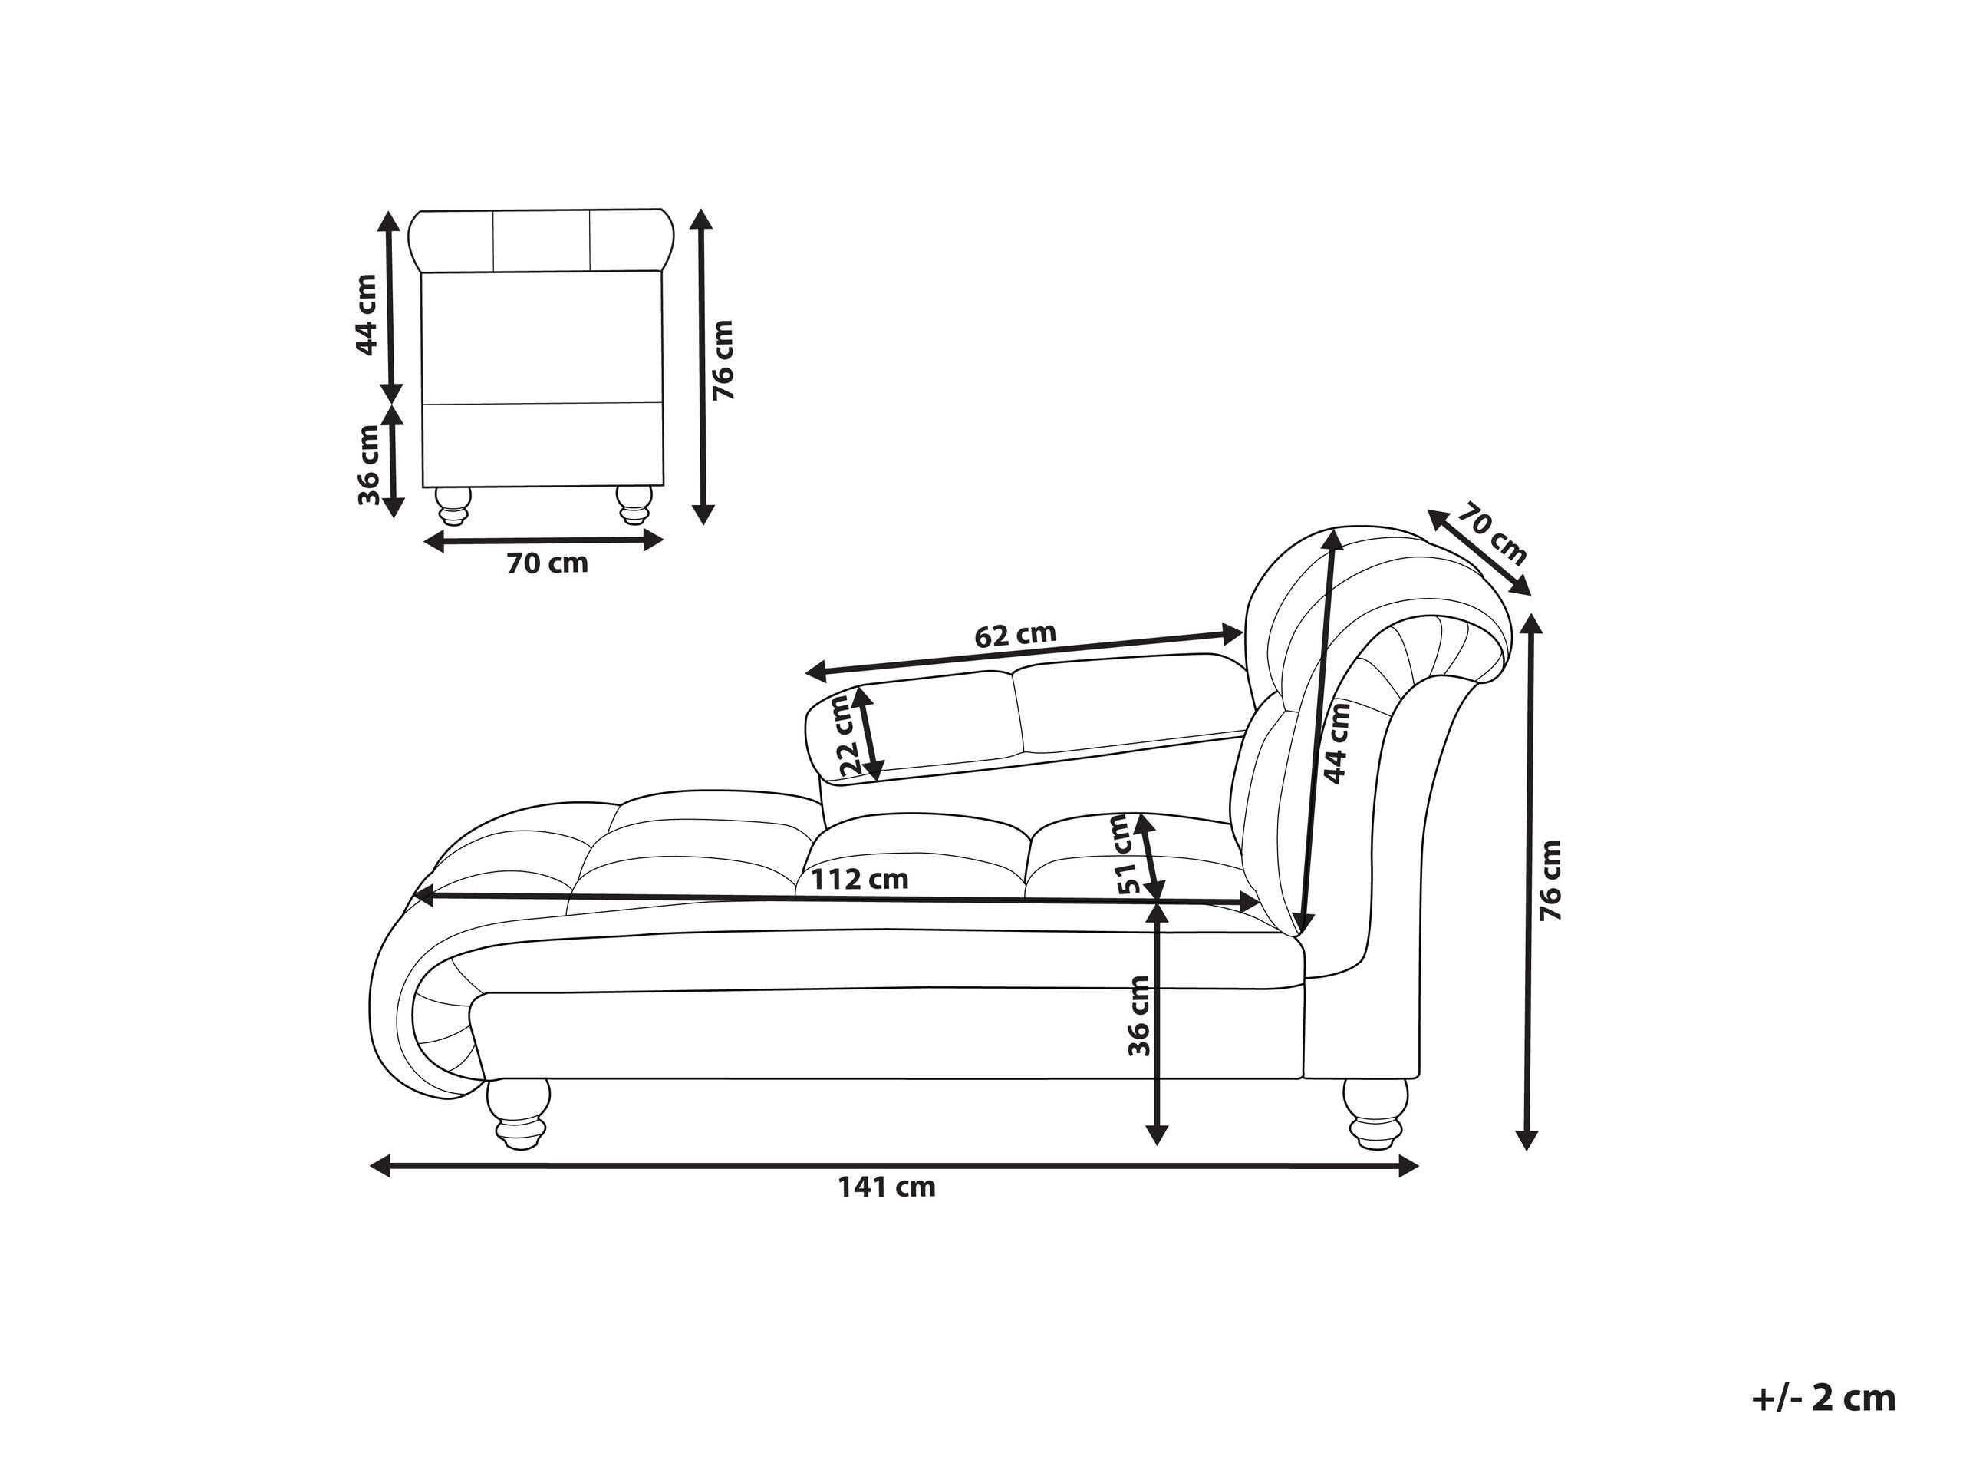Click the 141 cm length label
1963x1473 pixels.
pos(887,1187)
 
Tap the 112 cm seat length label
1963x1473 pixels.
pos(860,879)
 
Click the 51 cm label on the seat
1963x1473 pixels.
pos(1126,854)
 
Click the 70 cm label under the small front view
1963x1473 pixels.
pos(547,563)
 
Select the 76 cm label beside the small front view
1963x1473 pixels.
pos(724,359)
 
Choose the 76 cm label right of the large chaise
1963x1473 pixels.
pos(1550,880)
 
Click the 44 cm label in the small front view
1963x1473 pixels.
pos(366,314)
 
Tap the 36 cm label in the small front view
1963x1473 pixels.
pos(367,464)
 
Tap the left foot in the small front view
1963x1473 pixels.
pos(453,505)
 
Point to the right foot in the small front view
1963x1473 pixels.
pos(634,505)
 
